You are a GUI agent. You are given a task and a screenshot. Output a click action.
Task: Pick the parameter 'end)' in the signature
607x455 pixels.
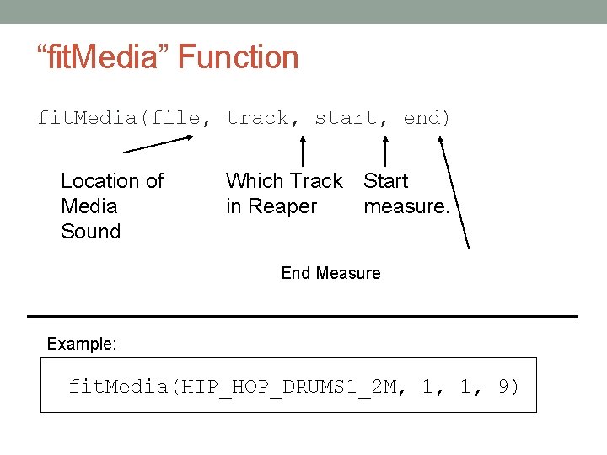(x=427, y=118)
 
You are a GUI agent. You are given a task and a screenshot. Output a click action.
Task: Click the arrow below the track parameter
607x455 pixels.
(x=304, y=152)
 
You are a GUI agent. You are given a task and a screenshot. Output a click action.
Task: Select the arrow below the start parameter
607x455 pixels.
(x=386, y=152)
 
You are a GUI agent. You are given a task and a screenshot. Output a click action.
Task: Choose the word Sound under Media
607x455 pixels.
(x=91, y=232)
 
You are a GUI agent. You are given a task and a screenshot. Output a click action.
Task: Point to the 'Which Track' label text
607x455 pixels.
(x=284, y=181)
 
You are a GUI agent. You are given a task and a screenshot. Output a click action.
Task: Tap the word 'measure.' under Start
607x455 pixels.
(x=406, y=206)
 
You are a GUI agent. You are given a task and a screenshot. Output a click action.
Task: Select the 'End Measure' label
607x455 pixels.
(x=330, y=273)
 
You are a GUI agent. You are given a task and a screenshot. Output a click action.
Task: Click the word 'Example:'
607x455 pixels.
(x=82, y=344)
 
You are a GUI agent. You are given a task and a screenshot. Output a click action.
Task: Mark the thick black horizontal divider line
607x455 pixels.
(x=303, y=317)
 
